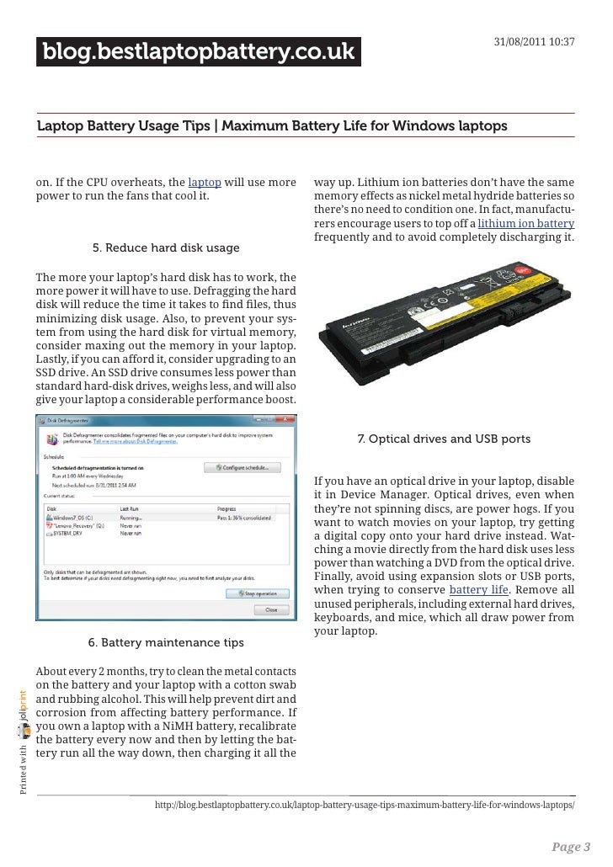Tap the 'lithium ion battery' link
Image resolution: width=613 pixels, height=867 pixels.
coord(525,223)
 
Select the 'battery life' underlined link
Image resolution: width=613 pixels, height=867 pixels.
coord(478,590)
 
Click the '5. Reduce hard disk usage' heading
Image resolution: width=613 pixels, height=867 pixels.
coord(165,248)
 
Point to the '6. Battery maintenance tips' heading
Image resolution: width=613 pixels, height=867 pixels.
coord(166,643)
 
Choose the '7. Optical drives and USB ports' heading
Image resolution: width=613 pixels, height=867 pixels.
coord(444,439)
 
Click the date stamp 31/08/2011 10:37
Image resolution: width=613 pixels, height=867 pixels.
coord(533,42)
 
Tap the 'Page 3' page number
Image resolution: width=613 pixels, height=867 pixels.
coord(572,847)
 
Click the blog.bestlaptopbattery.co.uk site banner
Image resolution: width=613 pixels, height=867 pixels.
coord(199,53)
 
